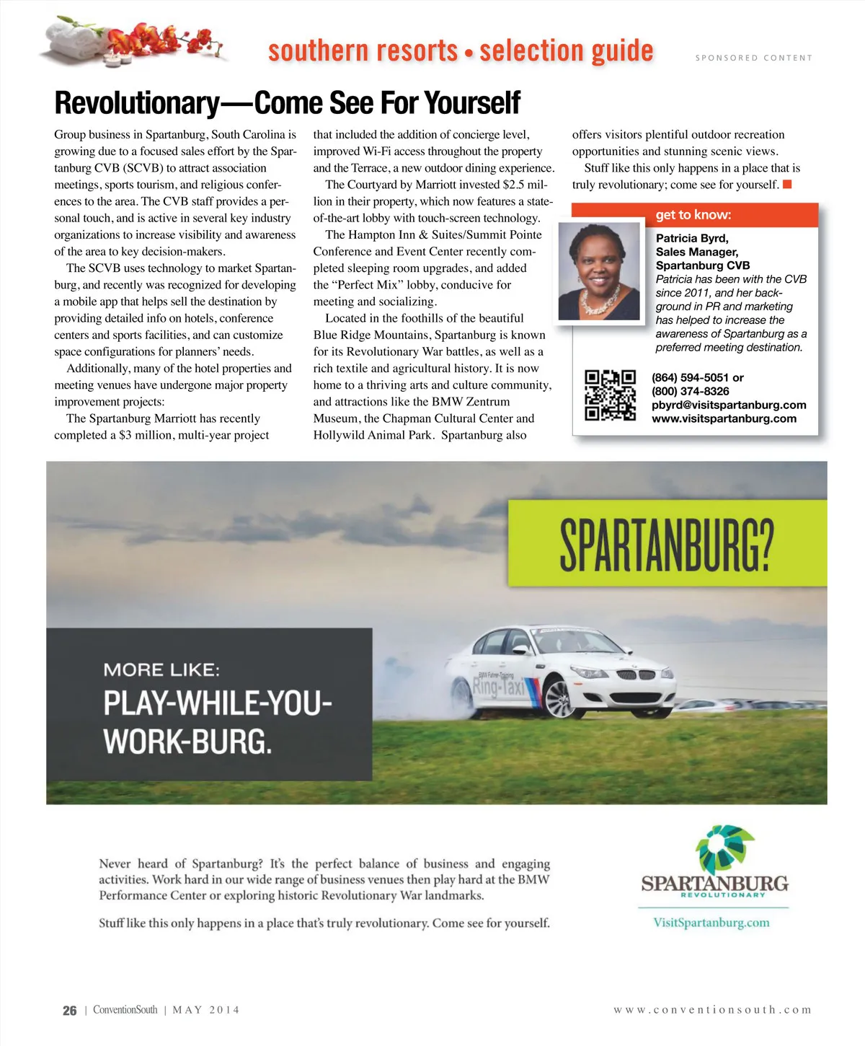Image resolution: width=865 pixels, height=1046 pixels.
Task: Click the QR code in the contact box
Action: coord(610,395)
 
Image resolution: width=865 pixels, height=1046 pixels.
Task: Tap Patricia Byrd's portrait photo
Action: coord(598,271)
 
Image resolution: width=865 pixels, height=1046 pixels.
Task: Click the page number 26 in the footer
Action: coord(69,1011)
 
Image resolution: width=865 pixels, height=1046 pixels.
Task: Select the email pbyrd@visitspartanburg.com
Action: coord(729,405)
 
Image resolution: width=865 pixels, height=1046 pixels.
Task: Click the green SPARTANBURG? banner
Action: coord(667,543)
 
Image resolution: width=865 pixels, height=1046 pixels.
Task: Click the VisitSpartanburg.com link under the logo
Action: coord(711,923)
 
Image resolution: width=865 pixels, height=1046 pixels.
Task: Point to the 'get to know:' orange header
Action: coord(693,215)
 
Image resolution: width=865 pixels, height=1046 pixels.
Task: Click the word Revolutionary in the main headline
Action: coord(136,103)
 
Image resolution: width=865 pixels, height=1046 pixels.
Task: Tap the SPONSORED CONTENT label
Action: coord(753,58)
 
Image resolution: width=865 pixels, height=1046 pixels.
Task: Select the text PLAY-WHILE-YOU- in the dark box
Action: coord(217,703)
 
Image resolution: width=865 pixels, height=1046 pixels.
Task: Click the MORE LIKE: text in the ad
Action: coord(161,669)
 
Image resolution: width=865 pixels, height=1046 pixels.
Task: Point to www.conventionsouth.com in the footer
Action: coord(712,1010)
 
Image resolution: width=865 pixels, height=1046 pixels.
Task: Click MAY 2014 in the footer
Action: coord(206,1010)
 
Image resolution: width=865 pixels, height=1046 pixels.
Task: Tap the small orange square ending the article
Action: coord(787,185)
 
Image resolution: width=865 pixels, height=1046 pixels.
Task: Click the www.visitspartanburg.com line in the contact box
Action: coord(724,418)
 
